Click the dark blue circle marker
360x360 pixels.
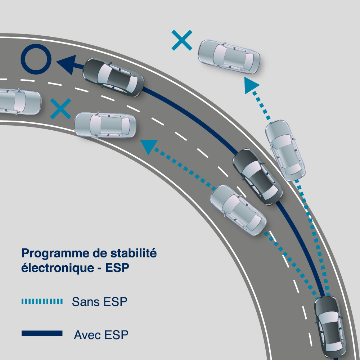click(x=36, y=59)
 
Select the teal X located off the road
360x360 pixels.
click(x=182, y=40)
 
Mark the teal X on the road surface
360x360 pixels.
click(x=60, y=109)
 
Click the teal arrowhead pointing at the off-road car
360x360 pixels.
click(x=251, y=86)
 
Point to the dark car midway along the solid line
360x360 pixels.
click(x=257, y=176)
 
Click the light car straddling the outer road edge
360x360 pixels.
click(x=285, y=150)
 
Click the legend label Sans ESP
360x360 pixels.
click(x=99, y=302)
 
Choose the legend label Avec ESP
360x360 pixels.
click(x=101, y=335)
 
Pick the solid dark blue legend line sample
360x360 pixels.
click(x=42, y=333)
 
